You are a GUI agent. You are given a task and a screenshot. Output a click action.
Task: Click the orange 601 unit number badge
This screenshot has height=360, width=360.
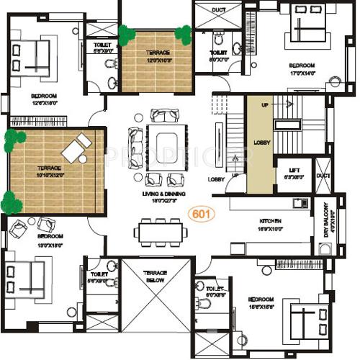pyautogui.click(x=202, y=214)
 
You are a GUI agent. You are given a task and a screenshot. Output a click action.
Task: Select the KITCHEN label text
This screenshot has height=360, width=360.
pyautogui.click(x=270, y=221)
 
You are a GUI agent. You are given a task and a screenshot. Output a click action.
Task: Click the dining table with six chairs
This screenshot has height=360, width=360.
pyautogui.click(x=158, y=232)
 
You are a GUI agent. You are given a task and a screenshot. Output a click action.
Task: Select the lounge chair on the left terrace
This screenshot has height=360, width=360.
pyautogui.click(x=76, y=149)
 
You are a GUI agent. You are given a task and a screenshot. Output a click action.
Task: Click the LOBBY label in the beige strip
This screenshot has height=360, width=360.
pyautogui.click(x=262, y=143)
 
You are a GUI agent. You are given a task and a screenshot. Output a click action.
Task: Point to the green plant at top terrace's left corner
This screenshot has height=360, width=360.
pyautogui.click(x=127, y=33)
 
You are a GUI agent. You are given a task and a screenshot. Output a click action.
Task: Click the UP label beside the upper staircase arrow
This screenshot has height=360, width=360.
pyautogui.click(x=265, y=104)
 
